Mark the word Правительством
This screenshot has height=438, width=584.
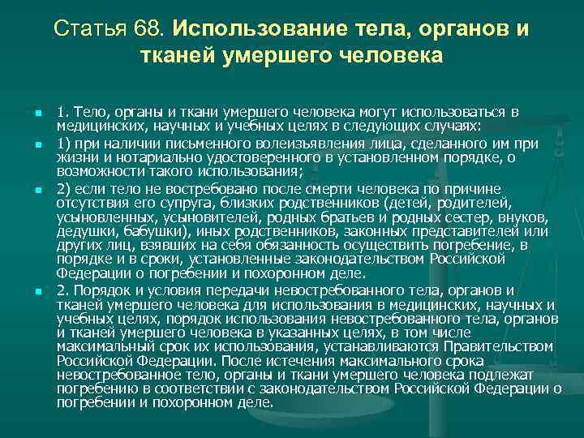(503, 346)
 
